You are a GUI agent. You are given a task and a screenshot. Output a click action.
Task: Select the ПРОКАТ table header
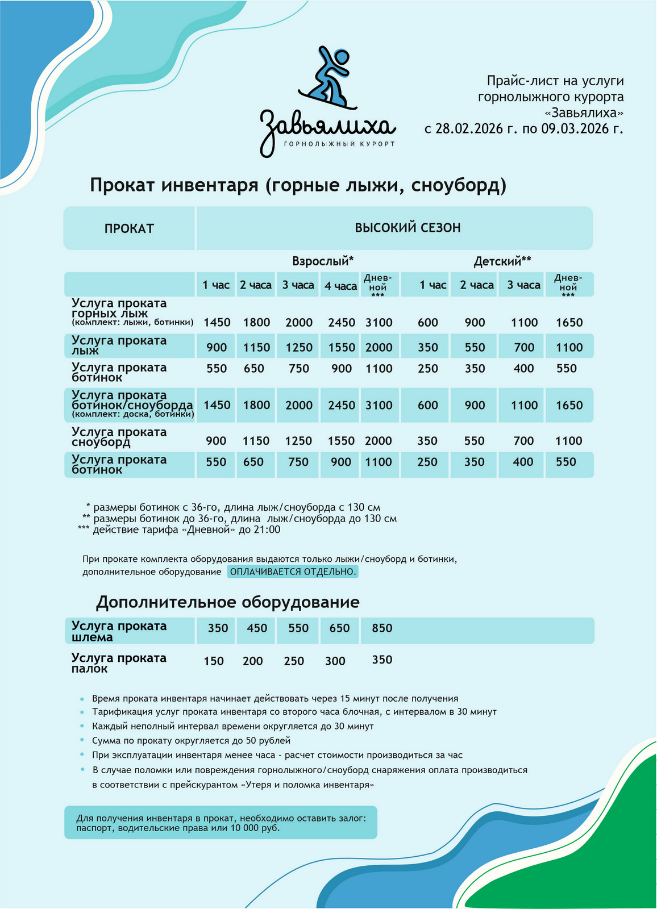(x=129, y=228)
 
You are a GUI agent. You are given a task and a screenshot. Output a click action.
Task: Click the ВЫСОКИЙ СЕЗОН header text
(x=407, y=228)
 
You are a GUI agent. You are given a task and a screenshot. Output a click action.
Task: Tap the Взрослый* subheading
(x=323, y=261)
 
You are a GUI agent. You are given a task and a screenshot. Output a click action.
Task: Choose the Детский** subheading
(x=502, y=261)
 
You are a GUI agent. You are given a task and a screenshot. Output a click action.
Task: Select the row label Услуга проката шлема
(x=119, y=632)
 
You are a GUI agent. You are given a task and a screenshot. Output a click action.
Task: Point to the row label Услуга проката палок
(x=119, y=663)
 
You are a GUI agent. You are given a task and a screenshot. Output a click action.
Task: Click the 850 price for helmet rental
(x=382, y=628)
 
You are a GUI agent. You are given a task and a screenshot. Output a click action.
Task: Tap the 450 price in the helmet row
(x=257, y=628)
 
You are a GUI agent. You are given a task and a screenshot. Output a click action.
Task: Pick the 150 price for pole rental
(x=214, y=661)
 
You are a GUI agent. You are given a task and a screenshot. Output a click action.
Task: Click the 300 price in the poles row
(x=335, y=661)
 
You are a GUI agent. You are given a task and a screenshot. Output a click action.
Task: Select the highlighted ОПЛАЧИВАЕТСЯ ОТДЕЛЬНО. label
(x=293, y=572)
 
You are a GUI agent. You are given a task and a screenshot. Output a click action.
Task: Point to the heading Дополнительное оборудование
(x=227, y=602)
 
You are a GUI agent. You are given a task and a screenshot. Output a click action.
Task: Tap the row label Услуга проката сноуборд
(x=119, y=437)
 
